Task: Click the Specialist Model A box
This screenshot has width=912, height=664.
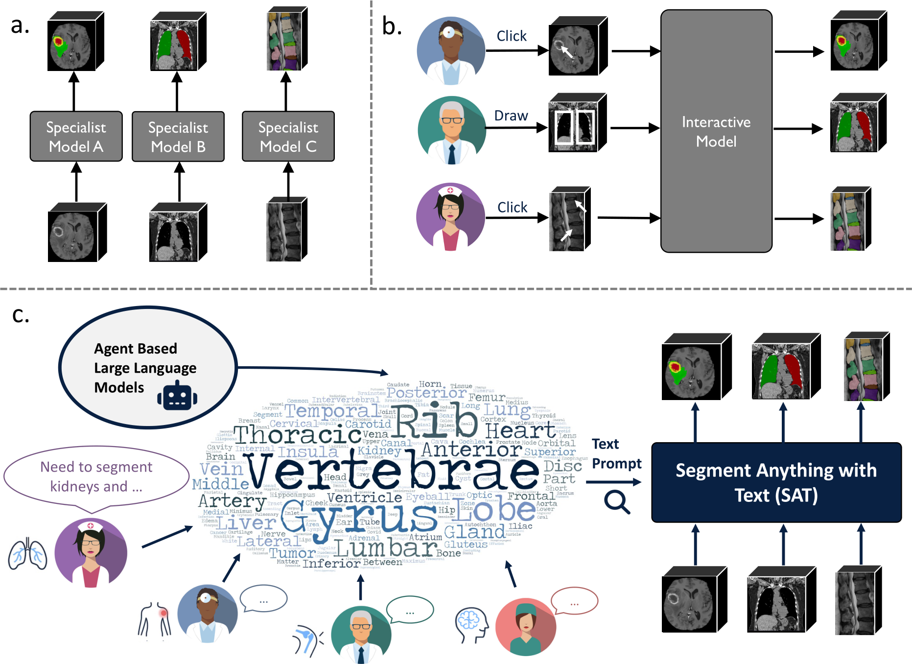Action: (76, 137)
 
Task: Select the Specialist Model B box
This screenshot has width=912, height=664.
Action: (178, 137)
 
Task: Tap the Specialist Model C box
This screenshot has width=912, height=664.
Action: (288, 137)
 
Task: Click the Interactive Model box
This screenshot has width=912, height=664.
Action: (716, 131)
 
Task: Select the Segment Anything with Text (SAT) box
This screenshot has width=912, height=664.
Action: (776, 482)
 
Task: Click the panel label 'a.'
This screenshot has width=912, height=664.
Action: (20, 25)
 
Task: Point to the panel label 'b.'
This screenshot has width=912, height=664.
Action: (392, 26)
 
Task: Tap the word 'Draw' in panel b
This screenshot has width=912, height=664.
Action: (511, 116)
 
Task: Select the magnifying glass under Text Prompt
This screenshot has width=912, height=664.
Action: (616, 502)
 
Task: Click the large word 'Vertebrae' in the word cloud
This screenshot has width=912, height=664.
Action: (392, 471)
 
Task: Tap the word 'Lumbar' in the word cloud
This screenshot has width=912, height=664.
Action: (387, 548)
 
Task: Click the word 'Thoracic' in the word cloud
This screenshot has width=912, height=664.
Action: (297, 435)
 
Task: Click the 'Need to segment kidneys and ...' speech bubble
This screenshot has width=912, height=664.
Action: (96, 476)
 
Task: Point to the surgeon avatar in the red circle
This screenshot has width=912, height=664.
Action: (525, 627)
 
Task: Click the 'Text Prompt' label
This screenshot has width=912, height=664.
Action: (616, 453)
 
